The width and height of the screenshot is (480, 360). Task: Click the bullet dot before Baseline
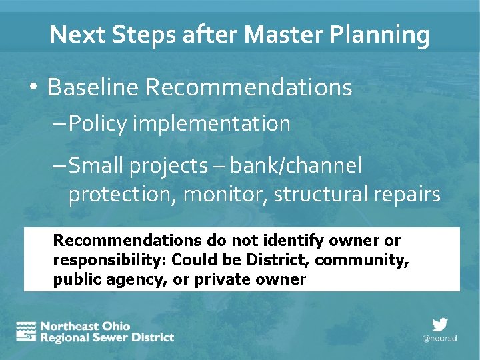(x=33, y=88)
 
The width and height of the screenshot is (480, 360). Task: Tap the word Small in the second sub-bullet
(x=99, y=165)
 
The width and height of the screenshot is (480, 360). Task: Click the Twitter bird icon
(x=439, y=325)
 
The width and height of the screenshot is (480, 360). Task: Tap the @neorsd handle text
(x=439, y=339)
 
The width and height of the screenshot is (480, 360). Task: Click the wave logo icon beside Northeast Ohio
(x=26, y=331)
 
